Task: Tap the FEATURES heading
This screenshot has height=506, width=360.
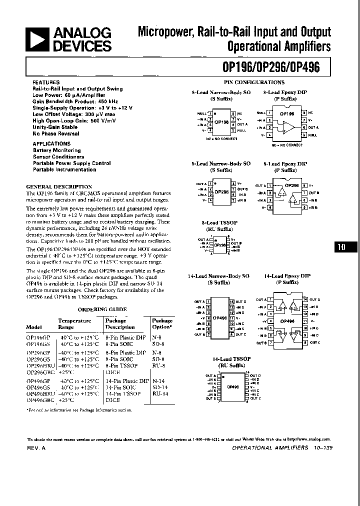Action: tap(45, 82)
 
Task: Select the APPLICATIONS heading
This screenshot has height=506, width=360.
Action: tap(51, 143)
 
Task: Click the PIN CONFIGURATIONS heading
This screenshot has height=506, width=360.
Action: tap(253, 82)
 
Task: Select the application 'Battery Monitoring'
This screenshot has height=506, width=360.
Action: tap(56, 150)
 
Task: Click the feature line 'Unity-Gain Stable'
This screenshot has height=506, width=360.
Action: tap(55, 127)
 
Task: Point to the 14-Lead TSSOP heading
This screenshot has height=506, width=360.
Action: tap(231, 359)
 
